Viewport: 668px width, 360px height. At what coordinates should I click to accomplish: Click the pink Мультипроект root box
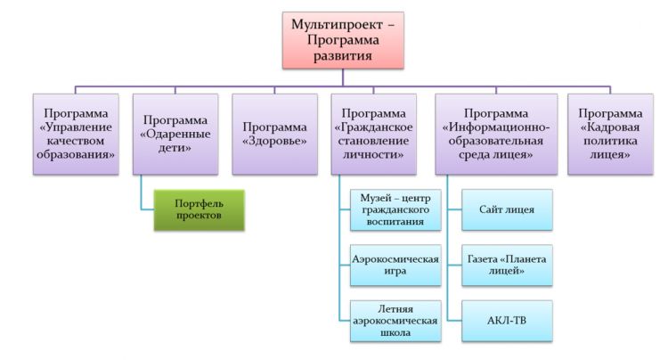pos(343,40)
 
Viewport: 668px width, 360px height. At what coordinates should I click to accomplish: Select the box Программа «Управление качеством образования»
pos(76,135)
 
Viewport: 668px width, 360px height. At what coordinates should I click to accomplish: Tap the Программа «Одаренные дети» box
pos(175,135)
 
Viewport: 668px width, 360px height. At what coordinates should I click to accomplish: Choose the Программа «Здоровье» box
pos(275,135)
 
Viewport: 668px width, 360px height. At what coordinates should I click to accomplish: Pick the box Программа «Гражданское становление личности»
pos(373,135)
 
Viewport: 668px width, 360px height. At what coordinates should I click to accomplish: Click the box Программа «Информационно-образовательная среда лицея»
pos(496,135)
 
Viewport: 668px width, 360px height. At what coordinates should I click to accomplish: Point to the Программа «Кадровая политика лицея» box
pos(610,135)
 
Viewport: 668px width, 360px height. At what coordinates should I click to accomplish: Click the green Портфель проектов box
pos(200,210)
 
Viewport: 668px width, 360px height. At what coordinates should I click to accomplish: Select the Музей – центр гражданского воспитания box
pos(395,210)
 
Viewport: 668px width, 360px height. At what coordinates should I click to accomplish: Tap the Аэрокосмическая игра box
pos(395,265)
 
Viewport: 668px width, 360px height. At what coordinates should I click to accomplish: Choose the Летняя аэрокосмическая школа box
pos(395,321)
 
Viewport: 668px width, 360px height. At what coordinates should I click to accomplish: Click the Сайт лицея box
pos(507,210)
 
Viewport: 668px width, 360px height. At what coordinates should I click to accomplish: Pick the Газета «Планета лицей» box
pos(507,265)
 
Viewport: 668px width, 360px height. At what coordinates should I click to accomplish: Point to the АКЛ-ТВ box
pos(507,321)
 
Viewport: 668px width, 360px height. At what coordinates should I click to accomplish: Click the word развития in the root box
pos(343,56)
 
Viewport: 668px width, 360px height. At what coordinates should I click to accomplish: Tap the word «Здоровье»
pos(275,141)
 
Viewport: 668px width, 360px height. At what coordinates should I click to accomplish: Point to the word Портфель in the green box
pos(199,204)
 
